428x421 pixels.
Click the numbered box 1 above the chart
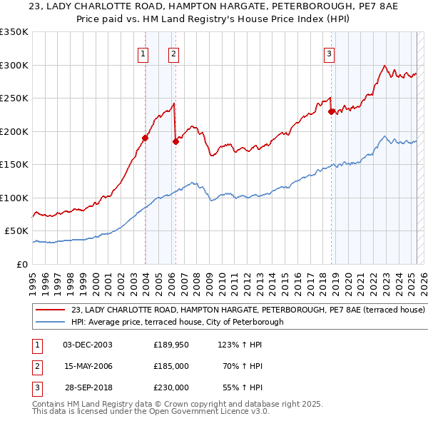click(x=143, y=53)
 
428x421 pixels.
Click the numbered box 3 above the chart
click(x=329, y=53)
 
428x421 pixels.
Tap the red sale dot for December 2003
click(x=145, y=138)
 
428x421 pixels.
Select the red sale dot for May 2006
click(x=175, y=141)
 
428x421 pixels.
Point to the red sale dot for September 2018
click(x=331, y=111)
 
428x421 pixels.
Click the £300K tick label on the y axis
click(x=14, y=65)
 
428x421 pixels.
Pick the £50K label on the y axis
click(x=17, y=231)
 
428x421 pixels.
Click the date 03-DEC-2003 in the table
click(x=88, y=345)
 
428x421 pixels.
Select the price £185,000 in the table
click(x=171, y=366)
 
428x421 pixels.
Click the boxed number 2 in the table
click(x=36, y=366)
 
